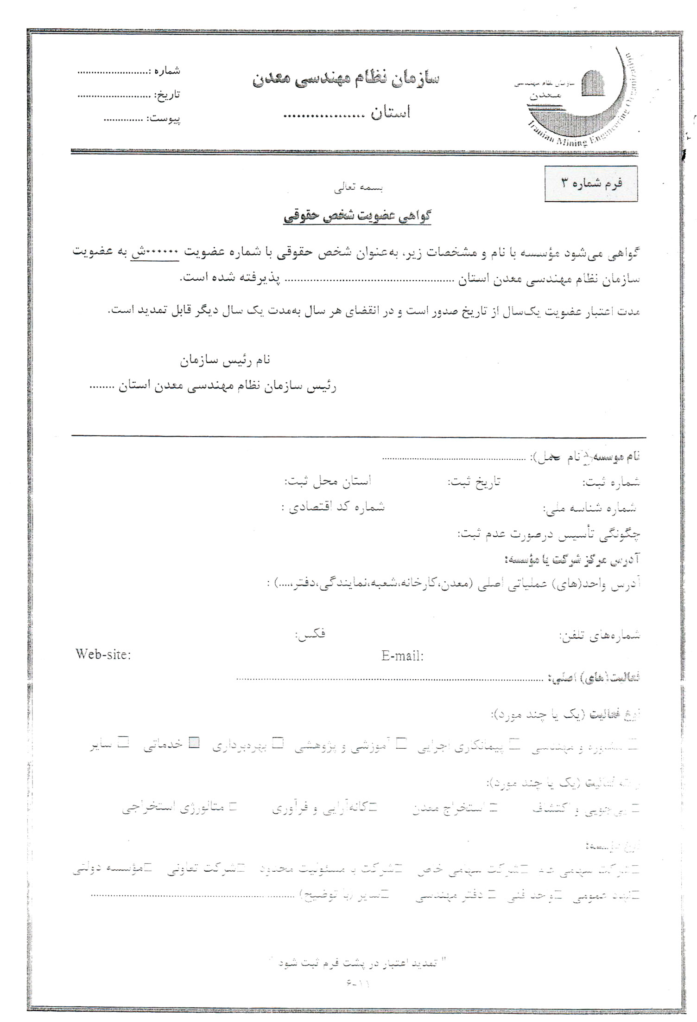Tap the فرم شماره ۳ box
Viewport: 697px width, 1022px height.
591,183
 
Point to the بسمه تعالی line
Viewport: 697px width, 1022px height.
359,188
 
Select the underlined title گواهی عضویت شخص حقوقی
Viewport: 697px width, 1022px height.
357,216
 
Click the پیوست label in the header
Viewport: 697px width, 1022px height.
164,119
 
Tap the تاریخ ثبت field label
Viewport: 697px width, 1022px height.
474,482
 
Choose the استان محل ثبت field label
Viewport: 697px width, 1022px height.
328,482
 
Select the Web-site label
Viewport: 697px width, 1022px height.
103,655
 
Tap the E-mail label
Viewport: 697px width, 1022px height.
402,656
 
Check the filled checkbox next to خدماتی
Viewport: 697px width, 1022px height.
196,743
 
